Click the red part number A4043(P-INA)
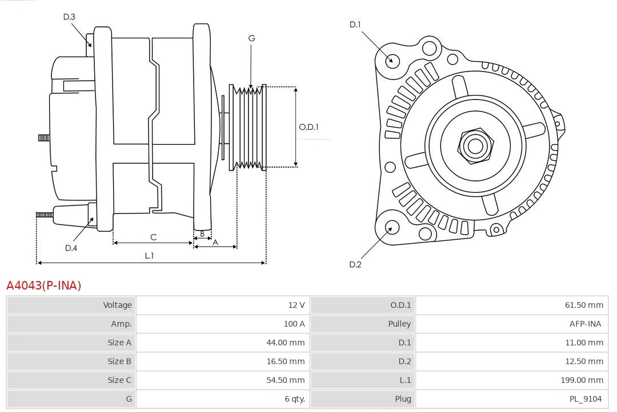click(x=44, y=285)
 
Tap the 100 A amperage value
click(x=294, y=324)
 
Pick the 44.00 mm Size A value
click(x=286, y=342)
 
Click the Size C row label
click(x=119, y=380)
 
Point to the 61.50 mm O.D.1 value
click(x=583, y=305)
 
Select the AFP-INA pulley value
click(x=585, y=324)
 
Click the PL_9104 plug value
click(x=585, y=399)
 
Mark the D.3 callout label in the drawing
click(x=69, y=17)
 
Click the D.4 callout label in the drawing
click(x=71, y=248)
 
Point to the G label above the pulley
click(x=251, y=38)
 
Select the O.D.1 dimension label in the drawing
click(x=308, y=127)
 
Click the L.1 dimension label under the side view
click(x=149, y=256)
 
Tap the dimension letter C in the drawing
click(x=153, y=237)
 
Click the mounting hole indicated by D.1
click(x=392, y=60)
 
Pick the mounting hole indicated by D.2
click(x=391, y=228)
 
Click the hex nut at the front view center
click(x=475, y=145)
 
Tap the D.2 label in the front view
click(x=355, y=264)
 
